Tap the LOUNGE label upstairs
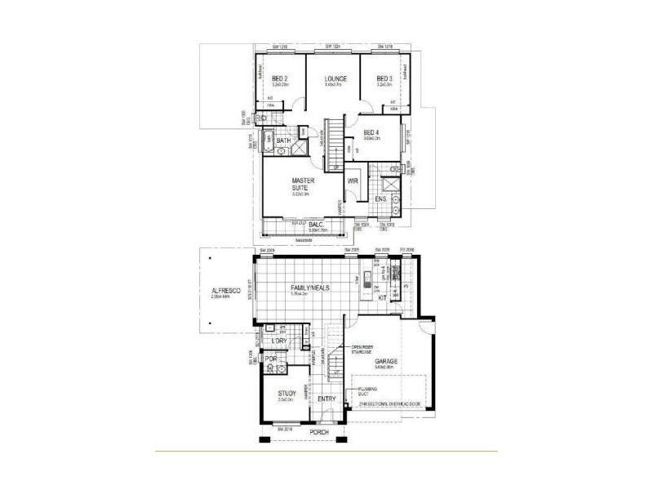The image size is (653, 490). point(335,78)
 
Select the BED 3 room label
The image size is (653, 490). point(385,78)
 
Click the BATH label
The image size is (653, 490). point(283,141)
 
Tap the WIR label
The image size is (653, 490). point(353,181)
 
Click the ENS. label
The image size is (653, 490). point(381,199)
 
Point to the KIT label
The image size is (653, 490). point(382,298)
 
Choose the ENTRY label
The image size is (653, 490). point(327,399)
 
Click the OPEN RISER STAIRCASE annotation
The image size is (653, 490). point(363,350)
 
